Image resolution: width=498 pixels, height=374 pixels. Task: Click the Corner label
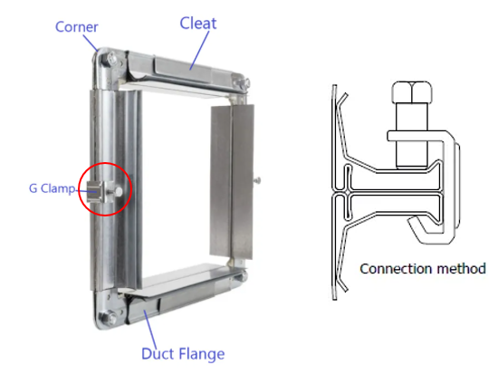77,27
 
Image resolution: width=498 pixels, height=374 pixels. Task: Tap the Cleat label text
198,24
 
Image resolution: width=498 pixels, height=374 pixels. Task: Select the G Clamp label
53,188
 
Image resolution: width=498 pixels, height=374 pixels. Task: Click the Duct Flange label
183,354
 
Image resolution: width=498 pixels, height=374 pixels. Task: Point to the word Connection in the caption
396,269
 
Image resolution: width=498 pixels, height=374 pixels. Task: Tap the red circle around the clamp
79,189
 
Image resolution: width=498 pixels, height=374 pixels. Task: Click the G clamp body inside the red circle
96,191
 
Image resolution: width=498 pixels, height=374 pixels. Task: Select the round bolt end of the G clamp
118,191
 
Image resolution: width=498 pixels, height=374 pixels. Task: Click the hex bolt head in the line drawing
412,92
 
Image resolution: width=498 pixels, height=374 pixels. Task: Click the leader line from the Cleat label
199,50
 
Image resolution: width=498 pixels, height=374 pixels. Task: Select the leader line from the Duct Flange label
150,330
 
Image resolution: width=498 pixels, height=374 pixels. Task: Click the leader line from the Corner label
91,43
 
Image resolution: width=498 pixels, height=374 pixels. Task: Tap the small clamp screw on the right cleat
257,180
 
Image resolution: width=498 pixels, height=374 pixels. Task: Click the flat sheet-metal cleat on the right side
232,181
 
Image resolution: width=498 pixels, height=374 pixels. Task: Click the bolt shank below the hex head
412,135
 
